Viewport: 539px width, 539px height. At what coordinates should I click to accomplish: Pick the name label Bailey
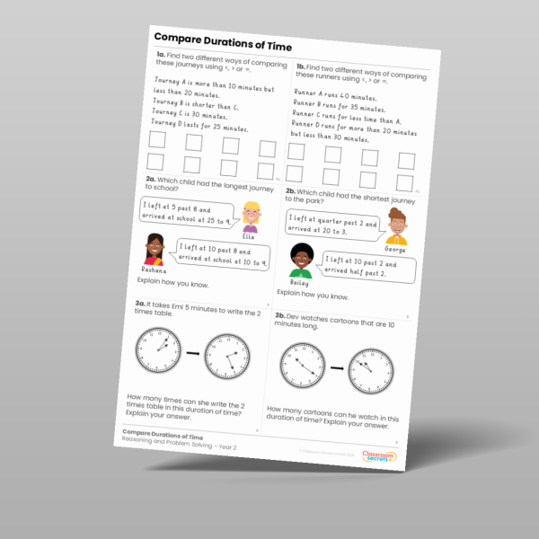click(299, 281)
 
